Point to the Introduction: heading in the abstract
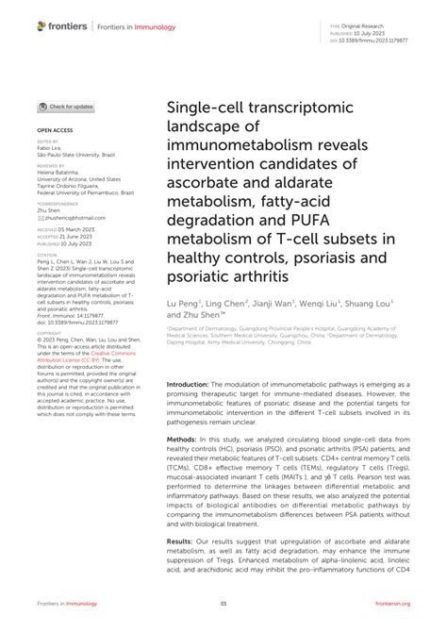(193, 360)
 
